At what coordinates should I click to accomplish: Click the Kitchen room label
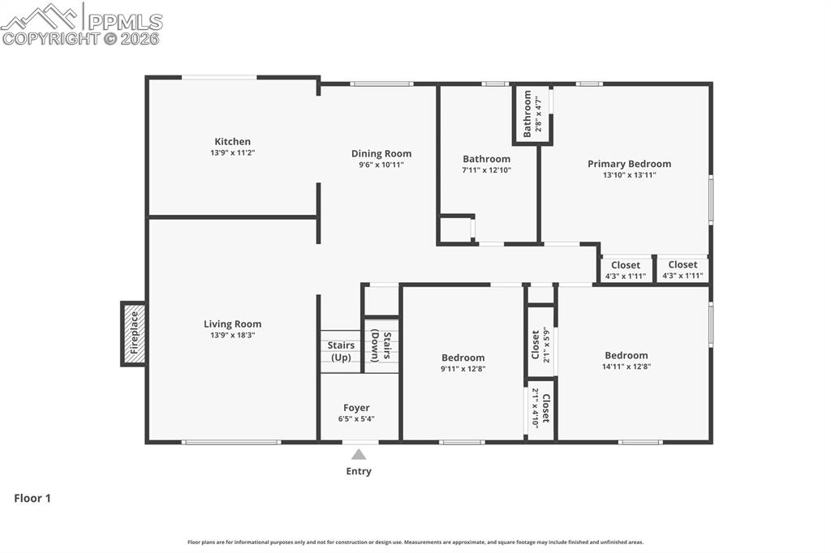point(232,142)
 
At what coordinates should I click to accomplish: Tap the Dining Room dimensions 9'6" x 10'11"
point(381,165)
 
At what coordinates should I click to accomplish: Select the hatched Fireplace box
point(134,333)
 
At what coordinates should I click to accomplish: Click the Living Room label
point(232,324)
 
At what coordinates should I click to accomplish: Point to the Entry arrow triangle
point(359,455)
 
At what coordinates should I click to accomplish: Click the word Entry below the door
point(359,471)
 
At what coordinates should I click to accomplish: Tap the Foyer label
point(356,408)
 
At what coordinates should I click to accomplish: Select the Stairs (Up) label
point(341,351)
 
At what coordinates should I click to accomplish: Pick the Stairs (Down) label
point(381,347)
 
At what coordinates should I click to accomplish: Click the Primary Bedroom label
point(629,164)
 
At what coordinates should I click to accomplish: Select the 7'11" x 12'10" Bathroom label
point(486,159)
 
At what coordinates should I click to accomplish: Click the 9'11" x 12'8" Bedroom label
point(463,358)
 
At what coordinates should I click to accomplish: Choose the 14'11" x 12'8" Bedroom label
point(626,355)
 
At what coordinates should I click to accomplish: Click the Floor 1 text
point(32,499)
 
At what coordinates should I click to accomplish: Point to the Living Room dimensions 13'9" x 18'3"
point(232,336)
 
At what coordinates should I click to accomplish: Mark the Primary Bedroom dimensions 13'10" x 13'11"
point(629,175)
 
